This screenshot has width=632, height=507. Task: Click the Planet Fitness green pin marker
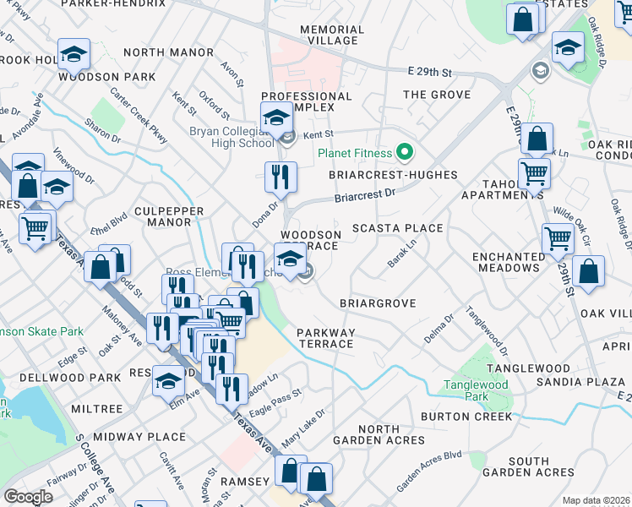[x=405, y=153]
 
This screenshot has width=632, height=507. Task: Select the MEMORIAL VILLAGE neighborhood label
[x=332, y=35]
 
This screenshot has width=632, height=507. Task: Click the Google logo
[x=28, y=496]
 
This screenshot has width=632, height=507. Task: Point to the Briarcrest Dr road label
[x=365, y=195]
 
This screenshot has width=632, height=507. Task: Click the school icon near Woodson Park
[x=74, y=55]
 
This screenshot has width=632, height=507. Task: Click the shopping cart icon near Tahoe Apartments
[x=534, y=173]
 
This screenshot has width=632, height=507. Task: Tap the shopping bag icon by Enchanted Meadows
[x=588, y=272]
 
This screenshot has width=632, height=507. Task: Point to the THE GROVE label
[x=436, y=95]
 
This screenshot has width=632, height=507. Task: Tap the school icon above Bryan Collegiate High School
[x=276, y=117]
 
